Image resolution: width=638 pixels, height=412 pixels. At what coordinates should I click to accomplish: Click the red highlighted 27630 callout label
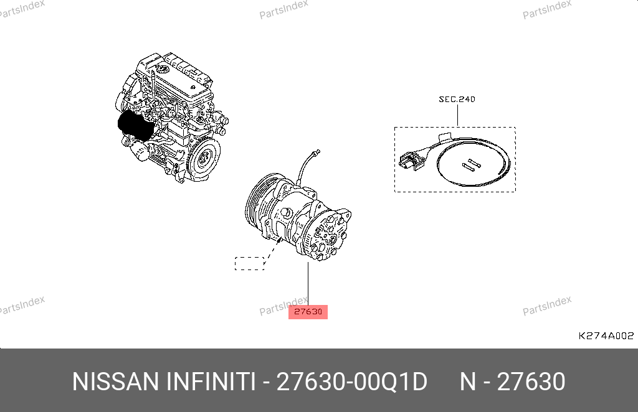(x=308, y=312)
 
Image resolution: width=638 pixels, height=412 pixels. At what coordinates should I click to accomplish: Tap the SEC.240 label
(x=457, y=99)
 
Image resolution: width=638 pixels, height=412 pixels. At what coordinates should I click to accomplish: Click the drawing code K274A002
(x=606, y=335)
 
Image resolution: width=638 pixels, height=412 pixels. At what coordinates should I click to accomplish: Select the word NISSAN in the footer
(x=115, y=382)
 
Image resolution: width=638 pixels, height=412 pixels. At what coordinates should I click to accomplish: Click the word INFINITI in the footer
(x=211, y=382)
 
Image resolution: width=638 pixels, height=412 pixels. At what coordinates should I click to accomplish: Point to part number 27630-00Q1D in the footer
(x=352, y=382)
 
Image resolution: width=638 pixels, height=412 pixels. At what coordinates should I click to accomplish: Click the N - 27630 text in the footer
(x=512, y=382)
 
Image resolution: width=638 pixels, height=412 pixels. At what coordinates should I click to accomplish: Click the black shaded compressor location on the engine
(x=135, y=124)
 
